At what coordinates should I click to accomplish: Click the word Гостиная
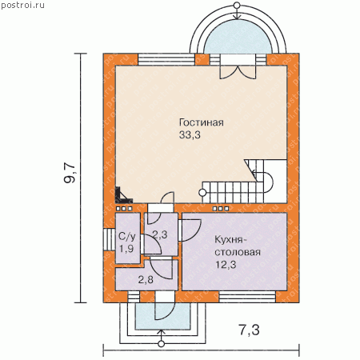tap(202, 122)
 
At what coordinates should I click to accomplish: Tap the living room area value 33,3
tap(190, 135)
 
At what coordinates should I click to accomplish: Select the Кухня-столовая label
tap(238, 246)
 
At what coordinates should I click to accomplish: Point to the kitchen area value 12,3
tap(226, 265)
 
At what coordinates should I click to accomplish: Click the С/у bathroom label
tap(127, 236)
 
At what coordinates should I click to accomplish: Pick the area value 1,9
tap(126, 249)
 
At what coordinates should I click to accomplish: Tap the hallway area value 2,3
tap(160, 234)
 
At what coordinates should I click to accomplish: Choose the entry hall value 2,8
tap(146, 279)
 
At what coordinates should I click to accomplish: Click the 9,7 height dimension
tap(70, 173)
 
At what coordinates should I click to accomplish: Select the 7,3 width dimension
tap(249, 330)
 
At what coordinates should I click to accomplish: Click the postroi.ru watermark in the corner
tap(22, 6)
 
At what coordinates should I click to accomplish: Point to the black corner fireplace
tap(122, 196)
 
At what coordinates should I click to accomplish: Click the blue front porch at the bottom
tap(162, 316)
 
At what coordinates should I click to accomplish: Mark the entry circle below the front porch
tap(161, 344)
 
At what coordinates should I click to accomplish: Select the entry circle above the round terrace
tap(237, 6)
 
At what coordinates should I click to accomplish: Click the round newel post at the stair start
tap(202, 192)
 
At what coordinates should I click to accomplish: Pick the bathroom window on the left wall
tap(109, 239)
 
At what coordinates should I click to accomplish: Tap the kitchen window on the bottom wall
tap(247, 297)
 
